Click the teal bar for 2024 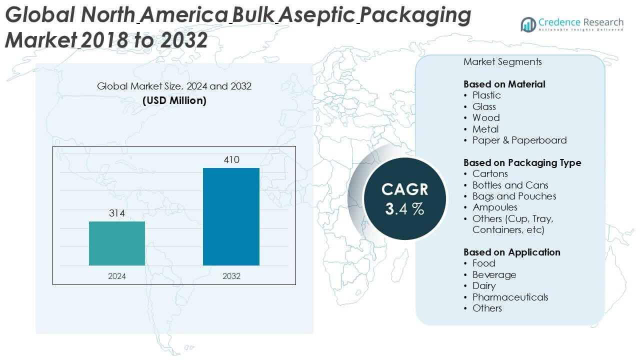[117, 243]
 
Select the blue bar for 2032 [231, 216]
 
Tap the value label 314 [117, 213]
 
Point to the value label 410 [231, 160]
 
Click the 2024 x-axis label [117, 276]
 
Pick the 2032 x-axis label [231, 276]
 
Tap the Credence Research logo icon [528, 24]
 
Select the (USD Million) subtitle [174, 100]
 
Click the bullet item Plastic [486, 95]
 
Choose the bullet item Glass [484, 106]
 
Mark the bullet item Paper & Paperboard [519, 140]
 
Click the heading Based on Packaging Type [522, 162]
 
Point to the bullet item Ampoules [495, 207]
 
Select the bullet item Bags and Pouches [514, 196]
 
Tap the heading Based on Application [511, 252]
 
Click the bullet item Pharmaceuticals [510, 297]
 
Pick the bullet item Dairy [484, 286]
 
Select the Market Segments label [502, 62]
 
